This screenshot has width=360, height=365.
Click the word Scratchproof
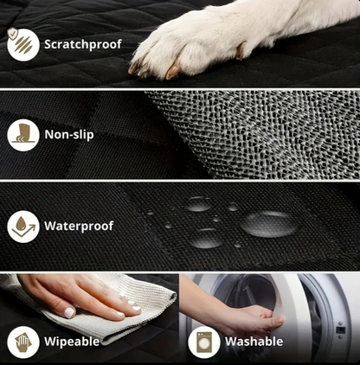coord(83,45)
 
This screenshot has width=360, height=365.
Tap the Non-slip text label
coord(69,134)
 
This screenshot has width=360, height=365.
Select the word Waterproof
coord(79,226)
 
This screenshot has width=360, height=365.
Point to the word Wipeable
coord(72,342)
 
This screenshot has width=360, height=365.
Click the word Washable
coord(254,342)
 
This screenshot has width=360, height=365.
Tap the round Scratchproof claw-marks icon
coord(23,45)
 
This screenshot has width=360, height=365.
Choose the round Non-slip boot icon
coord(23,135)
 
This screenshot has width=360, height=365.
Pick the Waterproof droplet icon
coord(23,227)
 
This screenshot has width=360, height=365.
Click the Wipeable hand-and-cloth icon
coord(23,342)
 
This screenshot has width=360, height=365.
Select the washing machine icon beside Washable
coord(204,343)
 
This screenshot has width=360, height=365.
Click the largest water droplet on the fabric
coord(268,224)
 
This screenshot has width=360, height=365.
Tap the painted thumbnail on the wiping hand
coord(69,312)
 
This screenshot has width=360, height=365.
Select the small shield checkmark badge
coord(12,33)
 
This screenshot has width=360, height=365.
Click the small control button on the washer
coord(341,330)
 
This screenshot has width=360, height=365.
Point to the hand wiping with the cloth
coord(80,297)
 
